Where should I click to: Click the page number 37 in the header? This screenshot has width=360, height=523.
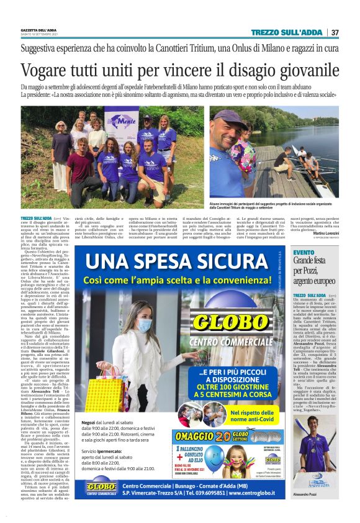tap(335, 32)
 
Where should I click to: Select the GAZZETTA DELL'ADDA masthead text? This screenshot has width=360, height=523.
tap(40, 30)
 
